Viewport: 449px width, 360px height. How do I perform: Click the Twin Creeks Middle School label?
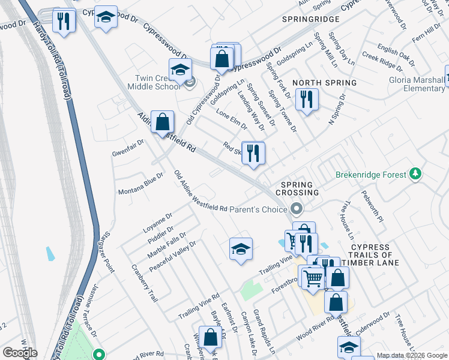157,82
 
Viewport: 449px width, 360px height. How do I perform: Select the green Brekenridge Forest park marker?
415,175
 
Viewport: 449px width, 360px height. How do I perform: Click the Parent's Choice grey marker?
295,209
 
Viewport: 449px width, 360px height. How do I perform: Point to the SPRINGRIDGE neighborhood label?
311,19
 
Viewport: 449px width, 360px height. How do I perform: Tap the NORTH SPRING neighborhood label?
324,82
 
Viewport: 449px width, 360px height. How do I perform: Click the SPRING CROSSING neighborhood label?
297,188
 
